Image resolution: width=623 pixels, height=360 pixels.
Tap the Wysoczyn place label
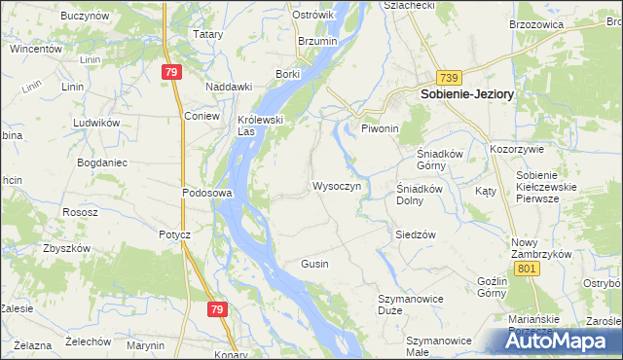pos(337,185)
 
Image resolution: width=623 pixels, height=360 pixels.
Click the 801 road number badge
pos(528,268)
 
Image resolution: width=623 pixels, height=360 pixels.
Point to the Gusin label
pos(314,264)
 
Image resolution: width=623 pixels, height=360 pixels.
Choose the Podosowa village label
pos(206,193)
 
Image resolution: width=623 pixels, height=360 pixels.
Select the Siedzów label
pos(415,234)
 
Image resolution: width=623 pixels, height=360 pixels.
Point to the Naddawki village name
pos(229,86)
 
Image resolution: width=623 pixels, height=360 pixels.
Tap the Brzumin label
pos(317,42)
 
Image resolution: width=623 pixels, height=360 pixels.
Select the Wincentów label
pos(37,48)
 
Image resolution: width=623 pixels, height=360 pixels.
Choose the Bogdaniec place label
pos(102,162)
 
